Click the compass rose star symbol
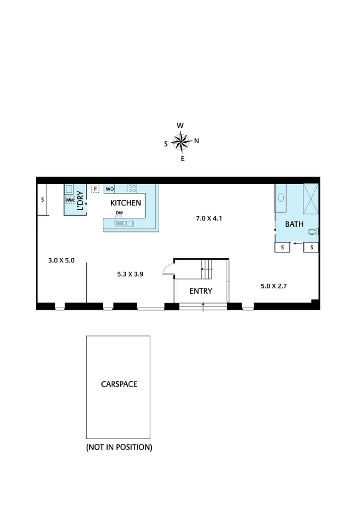click(181, 141)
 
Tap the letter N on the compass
click(196, 140)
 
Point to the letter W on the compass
click(180, 125)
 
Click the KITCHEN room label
click(126, 203)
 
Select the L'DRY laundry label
click(80, 200)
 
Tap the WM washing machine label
click(70, 200)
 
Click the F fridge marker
click(96, 189)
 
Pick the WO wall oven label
click(110, 189)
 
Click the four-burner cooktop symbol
click(132, 189)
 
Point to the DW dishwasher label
click(119, 213)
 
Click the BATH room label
click(294, 224)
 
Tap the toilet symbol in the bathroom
click(312, 231)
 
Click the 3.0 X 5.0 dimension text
click(61, 260)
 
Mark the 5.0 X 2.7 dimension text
click(274, 286)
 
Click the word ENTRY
click(201, 291)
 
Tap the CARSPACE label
click(119, 384)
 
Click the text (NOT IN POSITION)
click(119, 447)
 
